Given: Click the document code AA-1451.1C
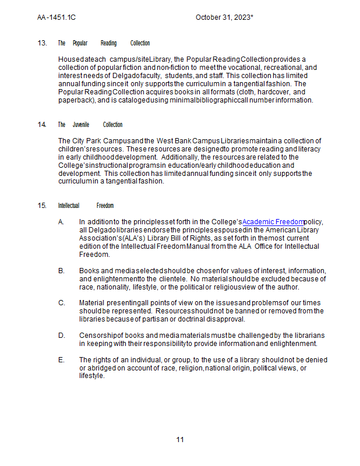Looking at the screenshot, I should tap(56, 17).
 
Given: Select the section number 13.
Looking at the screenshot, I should tap(42, 43).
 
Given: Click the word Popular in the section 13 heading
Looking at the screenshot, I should tap(80, 43).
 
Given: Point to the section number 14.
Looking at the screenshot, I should tap(42, 125).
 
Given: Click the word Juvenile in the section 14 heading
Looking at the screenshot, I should tap(80, 125).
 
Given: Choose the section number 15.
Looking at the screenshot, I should tap(42, 206).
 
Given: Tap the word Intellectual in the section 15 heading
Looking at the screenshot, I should tap(68, 206).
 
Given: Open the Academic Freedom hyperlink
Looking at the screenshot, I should tap(273, 222).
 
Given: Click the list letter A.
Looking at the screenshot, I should tap(61, 222).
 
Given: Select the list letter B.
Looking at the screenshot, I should tap(61, 271).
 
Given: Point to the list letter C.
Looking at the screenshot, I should tap(61, 303).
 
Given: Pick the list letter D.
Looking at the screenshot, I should tap(61, 336).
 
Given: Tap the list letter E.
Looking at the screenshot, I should tap(61, 360).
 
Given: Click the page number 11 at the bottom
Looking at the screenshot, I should tap(180, 440).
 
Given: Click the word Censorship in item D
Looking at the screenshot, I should tap(97, 336).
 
